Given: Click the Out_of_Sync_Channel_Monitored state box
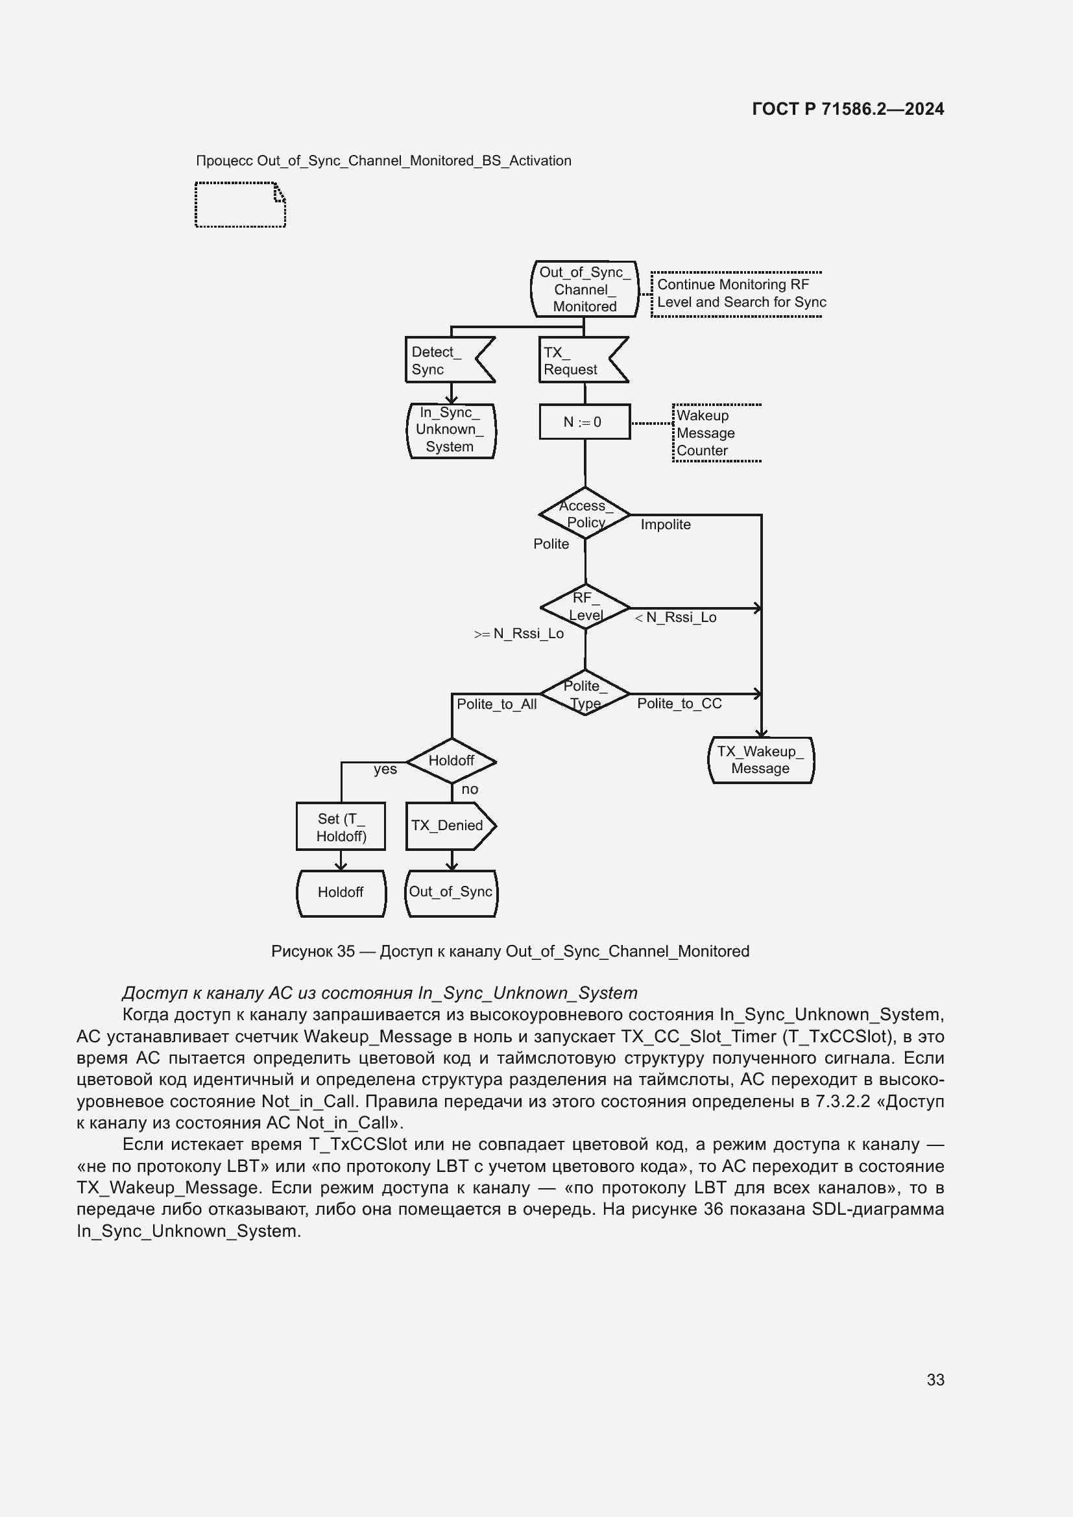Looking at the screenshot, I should point(585,289).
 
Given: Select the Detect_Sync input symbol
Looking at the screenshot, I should point(443,360).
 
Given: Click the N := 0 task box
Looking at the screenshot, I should point(585,422).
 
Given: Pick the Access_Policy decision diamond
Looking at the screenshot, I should point(585,514).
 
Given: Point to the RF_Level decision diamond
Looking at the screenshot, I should point(585,606).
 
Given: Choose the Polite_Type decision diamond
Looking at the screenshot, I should point(585,694).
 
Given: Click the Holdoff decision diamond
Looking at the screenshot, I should point(452,761).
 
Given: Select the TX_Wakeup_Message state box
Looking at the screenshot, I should point(760,760).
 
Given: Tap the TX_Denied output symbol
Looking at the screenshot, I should point(449,825).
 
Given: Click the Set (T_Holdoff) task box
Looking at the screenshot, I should point(341,826).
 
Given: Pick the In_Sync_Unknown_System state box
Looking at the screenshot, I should point(451,430).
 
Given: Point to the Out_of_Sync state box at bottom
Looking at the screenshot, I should point(451,892).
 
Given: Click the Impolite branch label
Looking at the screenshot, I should point(666,525).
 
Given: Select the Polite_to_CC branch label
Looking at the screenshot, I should point(679,704).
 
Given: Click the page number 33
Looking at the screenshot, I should point(935,1380).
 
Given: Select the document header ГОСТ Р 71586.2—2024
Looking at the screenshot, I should point(848,109).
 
